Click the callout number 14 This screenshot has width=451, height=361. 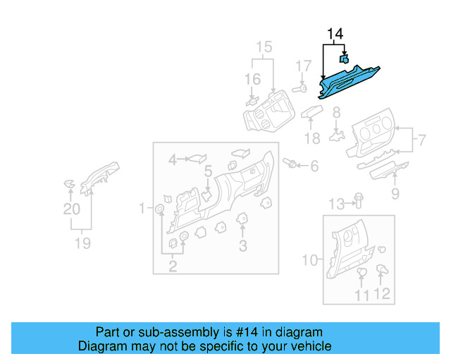[x=334, y=34]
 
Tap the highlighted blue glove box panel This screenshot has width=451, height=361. [x=350, y=81]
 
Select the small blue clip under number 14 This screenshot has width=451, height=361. [x=345, y=60]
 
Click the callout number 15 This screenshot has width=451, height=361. [x=263, y=48]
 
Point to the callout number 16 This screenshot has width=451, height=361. [x=252, y=79]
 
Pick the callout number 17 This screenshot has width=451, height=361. [x=302, y=66]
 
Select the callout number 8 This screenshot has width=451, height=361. [x=337, y=112]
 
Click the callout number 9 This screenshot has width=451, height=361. [x=395, y=192]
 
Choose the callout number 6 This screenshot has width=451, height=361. [x=314, y=166]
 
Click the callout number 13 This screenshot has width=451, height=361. [x=337, y=204]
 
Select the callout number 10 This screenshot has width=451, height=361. [x=310, y=260]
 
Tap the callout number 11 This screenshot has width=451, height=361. [x=362, y=295]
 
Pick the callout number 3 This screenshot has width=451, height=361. [x=243, y=246]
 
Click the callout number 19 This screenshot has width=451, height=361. [x=82, y=243]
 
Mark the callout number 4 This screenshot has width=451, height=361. [x=173, y=161]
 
